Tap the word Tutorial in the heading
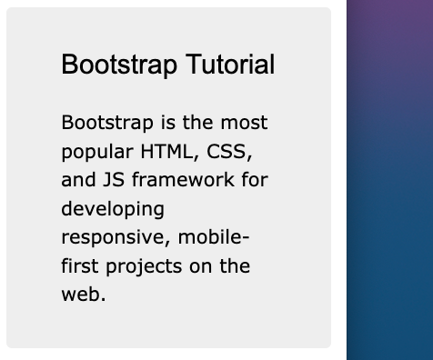coord(230,65)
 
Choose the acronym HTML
coord(166,151)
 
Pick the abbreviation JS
coord(110,180)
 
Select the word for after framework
coord(254,180)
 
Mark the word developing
coord(113,209)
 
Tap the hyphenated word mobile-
coord(214,237)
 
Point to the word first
coord(80,266)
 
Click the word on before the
coord(201,266)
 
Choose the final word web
coord(84,295)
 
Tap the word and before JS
coord(77,180)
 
